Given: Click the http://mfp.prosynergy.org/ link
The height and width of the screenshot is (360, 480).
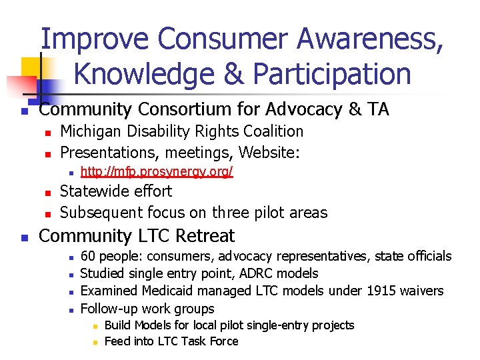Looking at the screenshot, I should [157, 172].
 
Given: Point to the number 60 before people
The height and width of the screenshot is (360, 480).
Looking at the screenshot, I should [87, 257].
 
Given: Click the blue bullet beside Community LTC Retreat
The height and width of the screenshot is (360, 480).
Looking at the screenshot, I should [24, 237].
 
